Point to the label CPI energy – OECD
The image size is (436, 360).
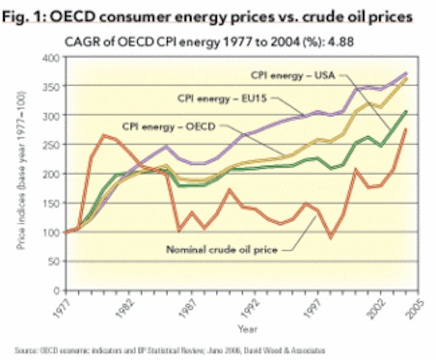click(x=164, y=127)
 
